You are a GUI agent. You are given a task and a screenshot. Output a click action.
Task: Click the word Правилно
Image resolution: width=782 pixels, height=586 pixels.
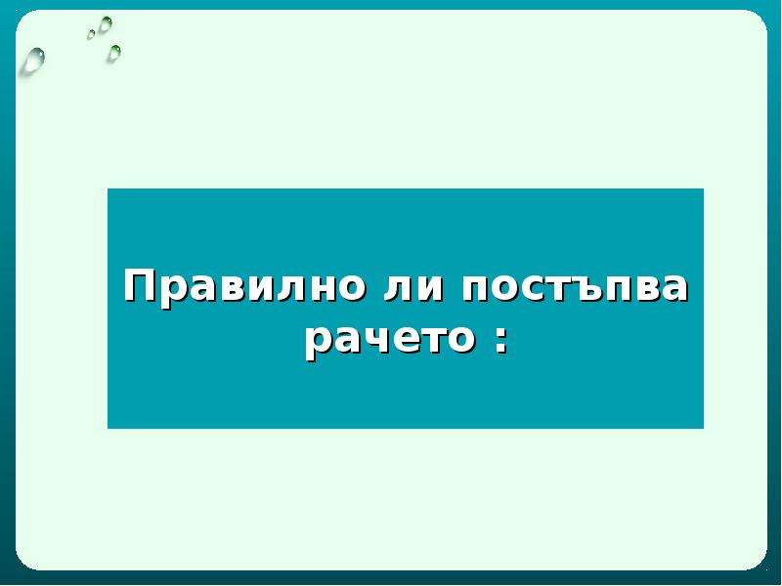243,286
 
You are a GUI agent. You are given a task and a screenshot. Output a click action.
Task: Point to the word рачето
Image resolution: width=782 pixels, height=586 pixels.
389,343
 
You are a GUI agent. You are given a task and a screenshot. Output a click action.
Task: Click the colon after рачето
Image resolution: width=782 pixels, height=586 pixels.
500,342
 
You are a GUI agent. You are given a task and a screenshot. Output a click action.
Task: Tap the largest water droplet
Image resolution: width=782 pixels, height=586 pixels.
33,62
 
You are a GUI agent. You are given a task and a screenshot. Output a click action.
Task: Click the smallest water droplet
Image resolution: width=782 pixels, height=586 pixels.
91,34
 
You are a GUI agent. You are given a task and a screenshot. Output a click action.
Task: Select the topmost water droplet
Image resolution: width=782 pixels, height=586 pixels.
106,23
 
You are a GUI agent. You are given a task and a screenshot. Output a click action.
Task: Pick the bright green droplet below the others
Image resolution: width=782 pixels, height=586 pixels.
114,54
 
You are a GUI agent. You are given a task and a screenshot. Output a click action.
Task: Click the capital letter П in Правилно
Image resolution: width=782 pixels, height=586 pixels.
141,286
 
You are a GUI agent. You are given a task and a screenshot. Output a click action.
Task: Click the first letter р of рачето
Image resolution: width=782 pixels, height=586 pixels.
320,345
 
